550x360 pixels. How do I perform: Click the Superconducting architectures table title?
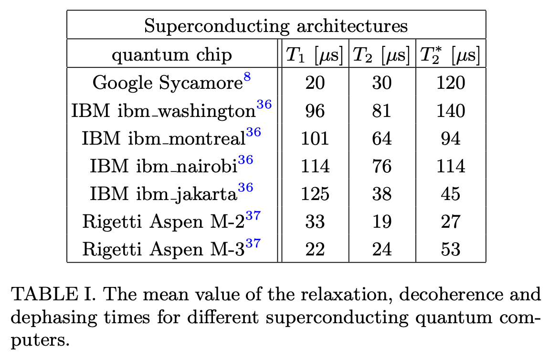point(276,25)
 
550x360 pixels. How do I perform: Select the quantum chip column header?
point(172,55)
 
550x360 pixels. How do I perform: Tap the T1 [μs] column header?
point(314,55)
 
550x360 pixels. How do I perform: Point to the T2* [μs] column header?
point(450,55)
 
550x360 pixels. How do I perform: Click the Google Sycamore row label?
point(168,83)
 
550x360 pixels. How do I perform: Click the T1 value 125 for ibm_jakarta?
point(315,194)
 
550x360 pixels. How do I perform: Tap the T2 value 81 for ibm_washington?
point(381,111)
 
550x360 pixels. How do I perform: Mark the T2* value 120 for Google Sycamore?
point(451,83)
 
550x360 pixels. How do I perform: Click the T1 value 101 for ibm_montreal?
point(315,138)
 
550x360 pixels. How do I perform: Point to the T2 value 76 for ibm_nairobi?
point(381,166)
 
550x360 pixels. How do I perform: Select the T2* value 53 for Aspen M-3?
point(451,249)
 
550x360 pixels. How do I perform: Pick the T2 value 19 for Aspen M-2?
point(381,222)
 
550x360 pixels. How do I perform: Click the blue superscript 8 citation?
point(247,77)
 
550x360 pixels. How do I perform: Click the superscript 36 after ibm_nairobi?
point(245,160)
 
